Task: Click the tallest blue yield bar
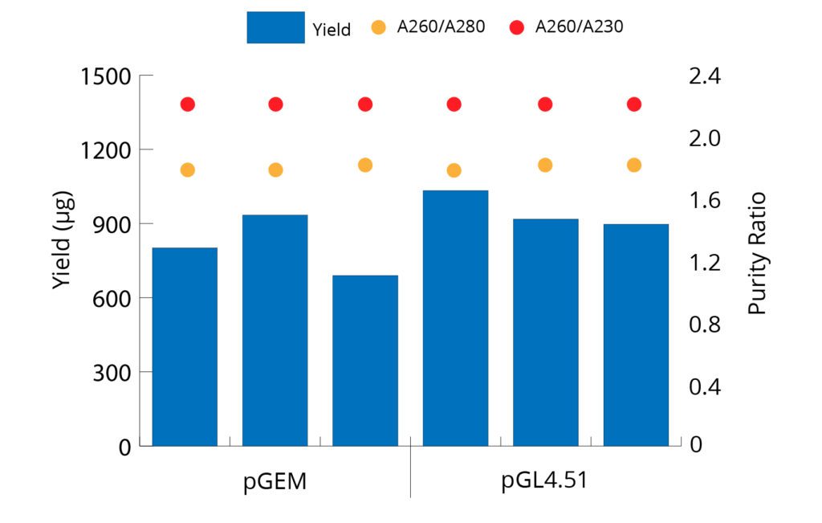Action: click(x=455, y=317)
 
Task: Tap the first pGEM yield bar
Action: click(x=185, y=346)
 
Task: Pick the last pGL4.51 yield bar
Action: click(x=636, y=334)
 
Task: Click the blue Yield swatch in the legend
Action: click(x=275, y=27)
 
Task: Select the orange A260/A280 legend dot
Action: click(x=379, y=27)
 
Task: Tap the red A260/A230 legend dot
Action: click(x=517, y=27)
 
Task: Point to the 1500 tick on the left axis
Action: click(x=106, y=77)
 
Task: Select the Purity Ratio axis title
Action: click(x=757, y=253)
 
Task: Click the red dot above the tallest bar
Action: click(x=454, y=104)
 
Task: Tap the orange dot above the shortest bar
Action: click(x=365, y=165)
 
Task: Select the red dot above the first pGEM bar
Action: click(x=188, y=104)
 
